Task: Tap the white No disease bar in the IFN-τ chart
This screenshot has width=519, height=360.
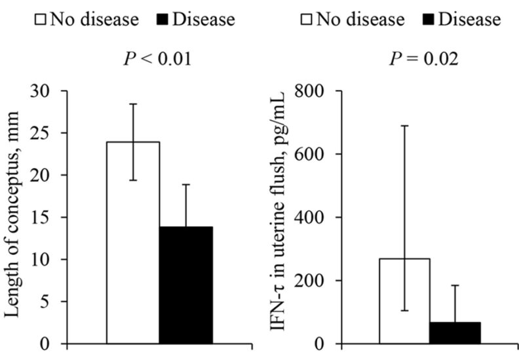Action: [405, 301]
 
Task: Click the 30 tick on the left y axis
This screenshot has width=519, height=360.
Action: [50, 91]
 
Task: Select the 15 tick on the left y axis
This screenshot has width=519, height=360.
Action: [50, 218]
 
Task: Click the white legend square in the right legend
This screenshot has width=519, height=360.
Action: [305, 20]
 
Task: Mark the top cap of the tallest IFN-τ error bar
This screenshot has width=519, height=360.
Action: [405, 125]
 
